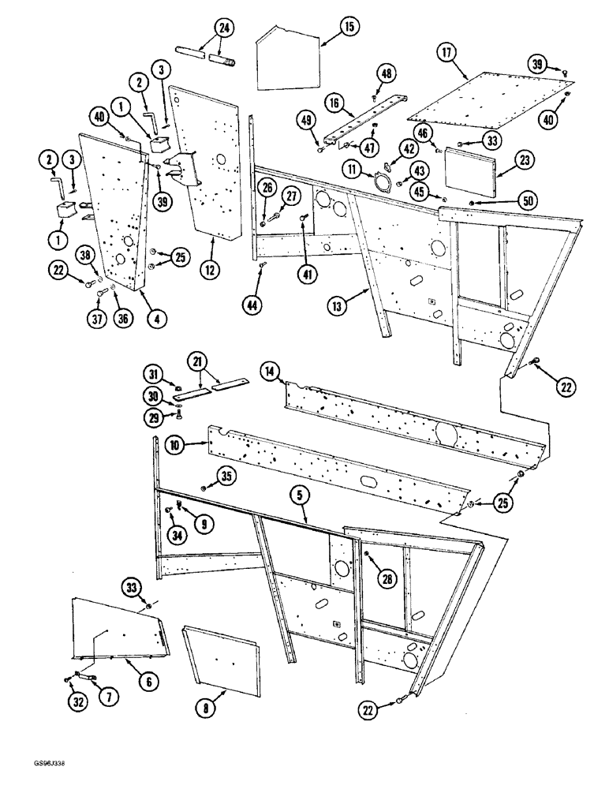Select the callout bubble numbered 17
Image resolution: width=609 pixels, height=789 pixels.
[446, 54]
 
